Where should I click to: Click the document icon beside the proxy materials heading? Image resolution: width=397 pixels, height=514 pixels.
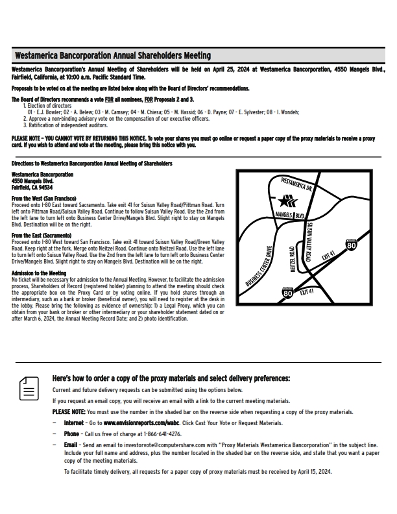(29, 388)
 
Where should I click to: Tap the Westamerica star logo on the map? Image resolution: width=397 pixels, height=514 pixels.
(287, 201)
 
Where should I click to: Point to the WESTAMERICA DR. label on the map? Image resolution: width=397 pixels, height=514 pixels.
(296, 184)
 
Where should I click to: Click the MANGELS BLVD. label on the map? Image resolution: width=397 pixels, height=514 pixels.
(290, 215)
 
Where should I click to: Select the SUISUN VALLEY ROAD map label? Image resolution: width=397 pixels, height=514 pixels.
(309, 242)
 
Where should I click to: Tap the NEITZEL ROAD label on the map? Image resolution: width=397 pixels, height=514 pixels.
(293, 260)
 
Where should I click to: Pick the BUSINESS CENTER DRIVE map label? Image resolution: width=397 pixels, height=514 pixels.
(259, 267)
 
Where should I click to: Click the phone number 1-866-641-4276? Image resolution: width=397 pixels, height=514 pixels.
(162, 434)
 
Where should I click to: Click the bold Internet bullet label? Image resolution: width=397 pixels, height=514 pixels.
(74, 423)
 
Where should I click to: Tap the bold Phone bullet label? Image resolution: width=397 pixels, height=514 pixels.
(71, 434)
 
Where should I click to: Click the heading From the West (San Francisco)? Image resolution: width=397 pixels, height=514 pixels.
(44, 199)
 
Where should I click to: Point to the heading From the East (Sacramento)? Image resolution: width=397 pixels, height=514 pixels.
(42, 236)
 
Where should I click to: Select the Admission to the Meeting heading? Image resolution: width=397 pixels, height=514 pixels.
(39, 273)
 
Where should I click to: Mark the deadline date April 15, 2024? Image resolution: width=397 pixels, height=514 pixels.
(315, 472)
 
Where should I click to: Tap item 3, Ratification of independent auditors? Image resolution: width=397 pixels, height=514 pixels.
(66, 125)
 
